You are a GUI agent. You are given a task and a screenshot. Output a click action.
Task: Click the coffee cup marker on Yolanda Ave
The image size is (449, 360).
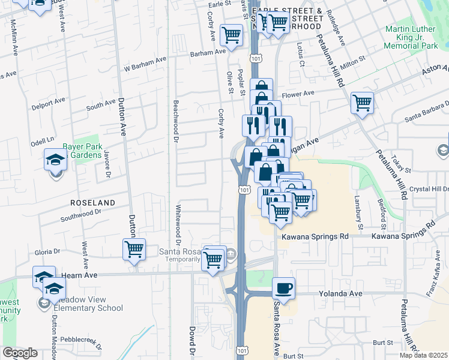click(284, 287)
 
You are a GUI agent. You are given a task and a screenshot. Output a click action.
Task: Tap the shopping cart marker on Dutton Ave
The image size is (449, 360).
click(134, 249)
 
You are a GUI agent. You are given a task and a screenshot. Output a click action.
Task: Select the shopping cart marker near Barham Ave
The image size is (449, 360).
click(231, 35)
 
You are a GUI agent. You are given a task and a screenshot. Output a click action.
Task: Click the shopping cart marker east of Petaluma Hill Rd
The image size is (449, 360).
click(362, 103)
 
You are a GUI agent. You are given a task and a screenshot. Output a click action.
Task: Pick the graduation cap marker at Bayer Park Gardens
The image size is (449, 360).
click(55, 160)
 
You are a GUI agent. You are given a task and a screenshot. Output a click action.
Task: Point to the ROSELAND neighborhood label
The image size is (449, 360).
click(92, 203)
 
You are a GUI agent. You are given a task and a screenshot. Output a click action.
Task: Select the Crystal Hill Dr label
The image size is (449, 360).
click(429, 189)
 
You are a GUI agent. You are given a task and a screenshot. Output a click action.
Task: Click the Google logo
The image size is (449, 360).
click(20, 353)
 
